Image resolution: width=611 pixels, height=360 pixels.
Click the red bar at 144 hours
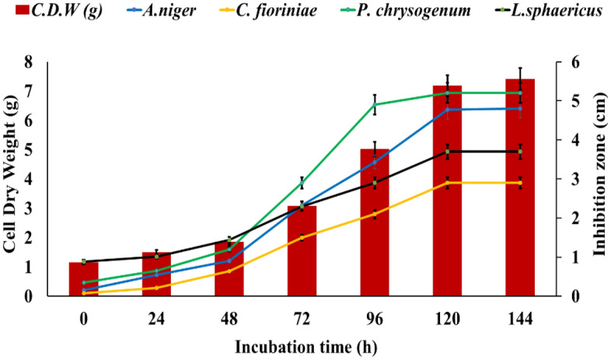point(520,187)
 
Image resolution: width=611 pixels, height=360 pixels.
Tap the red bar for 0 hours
point(83,279)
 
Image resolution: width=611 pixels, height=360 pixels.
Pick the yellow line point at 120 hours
point(447,183)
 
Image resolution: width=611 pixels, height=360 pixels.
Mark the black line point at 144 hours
point(520,152)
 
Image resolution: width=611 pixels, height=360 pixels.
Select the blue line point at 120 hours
point(447,110)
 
